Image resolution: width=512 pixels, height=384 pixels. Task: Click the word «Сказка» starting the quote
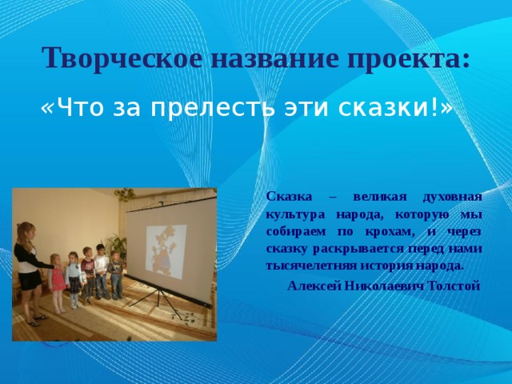tap(283, 197)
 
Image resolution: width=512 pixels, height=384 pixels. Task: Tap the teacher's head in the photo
tap(26, 233)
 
